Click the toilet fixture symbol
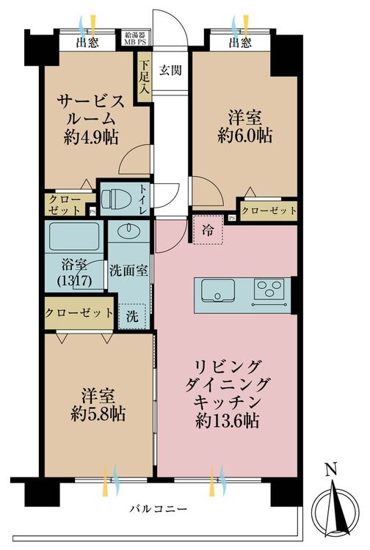112,199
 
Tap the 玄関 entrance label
170,70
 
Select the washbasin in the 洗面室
128,232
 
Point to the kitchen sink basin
218,290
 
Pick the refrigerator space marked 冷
208,230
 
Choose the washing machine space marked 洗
132,316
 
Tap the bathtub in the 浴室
74,236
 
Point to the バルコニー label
158,508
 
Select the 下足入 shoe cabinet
145,77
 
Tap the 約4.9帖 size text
91,137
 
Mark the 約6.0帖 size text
244,135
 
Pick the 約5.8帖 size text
98,414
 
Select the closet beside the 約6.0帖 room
269,210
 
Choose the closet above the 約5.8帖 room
79,313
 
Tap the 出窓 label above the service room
87,43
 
